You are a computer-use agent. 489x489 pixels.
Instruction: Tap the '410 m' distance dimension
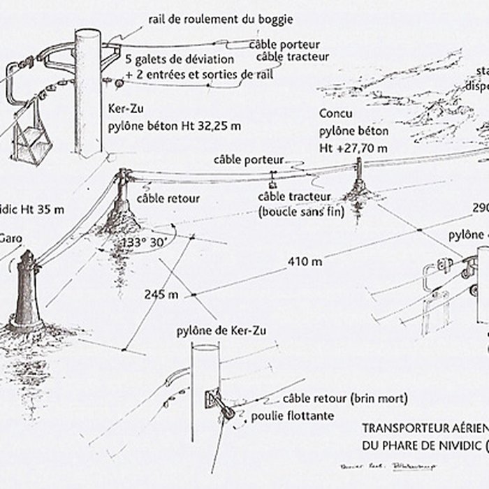click(305, 262)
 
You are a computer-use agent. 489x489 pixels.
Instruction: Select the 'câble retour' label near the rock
click(168, 199)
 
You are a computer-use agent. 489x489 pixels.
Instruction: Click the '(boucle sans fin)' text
click(300, 211)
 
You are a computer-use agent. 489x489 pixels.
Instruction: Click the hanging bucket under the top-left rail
click(34, 143)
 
